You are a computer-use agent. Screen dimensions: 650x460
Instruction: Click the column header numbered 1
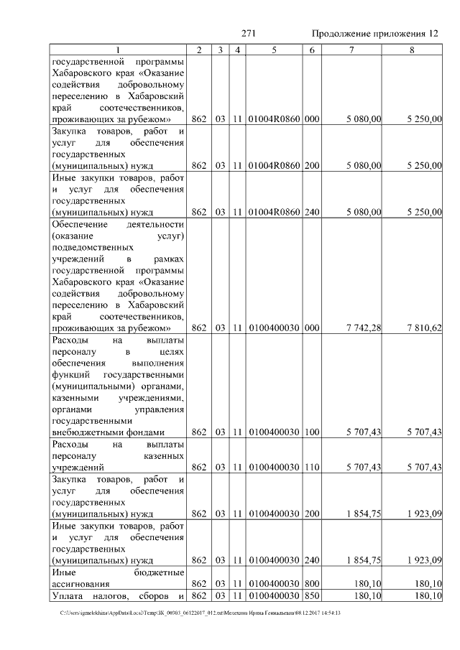click(x=118, y=49)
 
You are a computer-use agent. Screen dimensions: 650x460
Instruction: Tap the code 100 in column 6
click(x=311, y=432)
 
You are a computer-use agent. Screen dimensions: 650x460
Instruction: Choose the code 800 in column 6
click(x=311, y=583)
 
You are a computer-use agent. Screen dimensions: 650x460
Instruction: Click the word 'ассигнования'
click(x=80, y=583)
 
